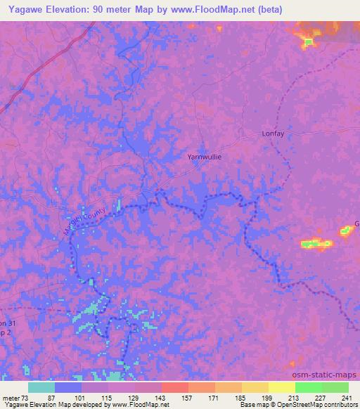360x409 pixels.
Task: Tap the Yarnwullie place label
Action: [205, 157]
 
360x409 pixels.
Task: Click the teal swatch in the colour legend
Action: [41, 387]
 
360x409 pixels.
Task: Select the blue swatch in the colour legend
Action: [68, 387]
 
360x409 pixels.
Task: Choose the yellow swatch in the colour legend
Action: [281, 387]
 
